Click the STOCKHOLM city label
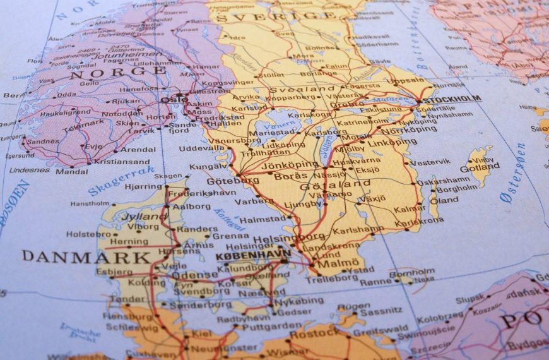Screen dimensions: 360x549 (451, 99)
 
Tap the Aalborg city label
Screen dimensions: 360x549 (191, 207)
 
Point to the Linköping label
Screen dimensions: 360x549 (392, 142)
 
